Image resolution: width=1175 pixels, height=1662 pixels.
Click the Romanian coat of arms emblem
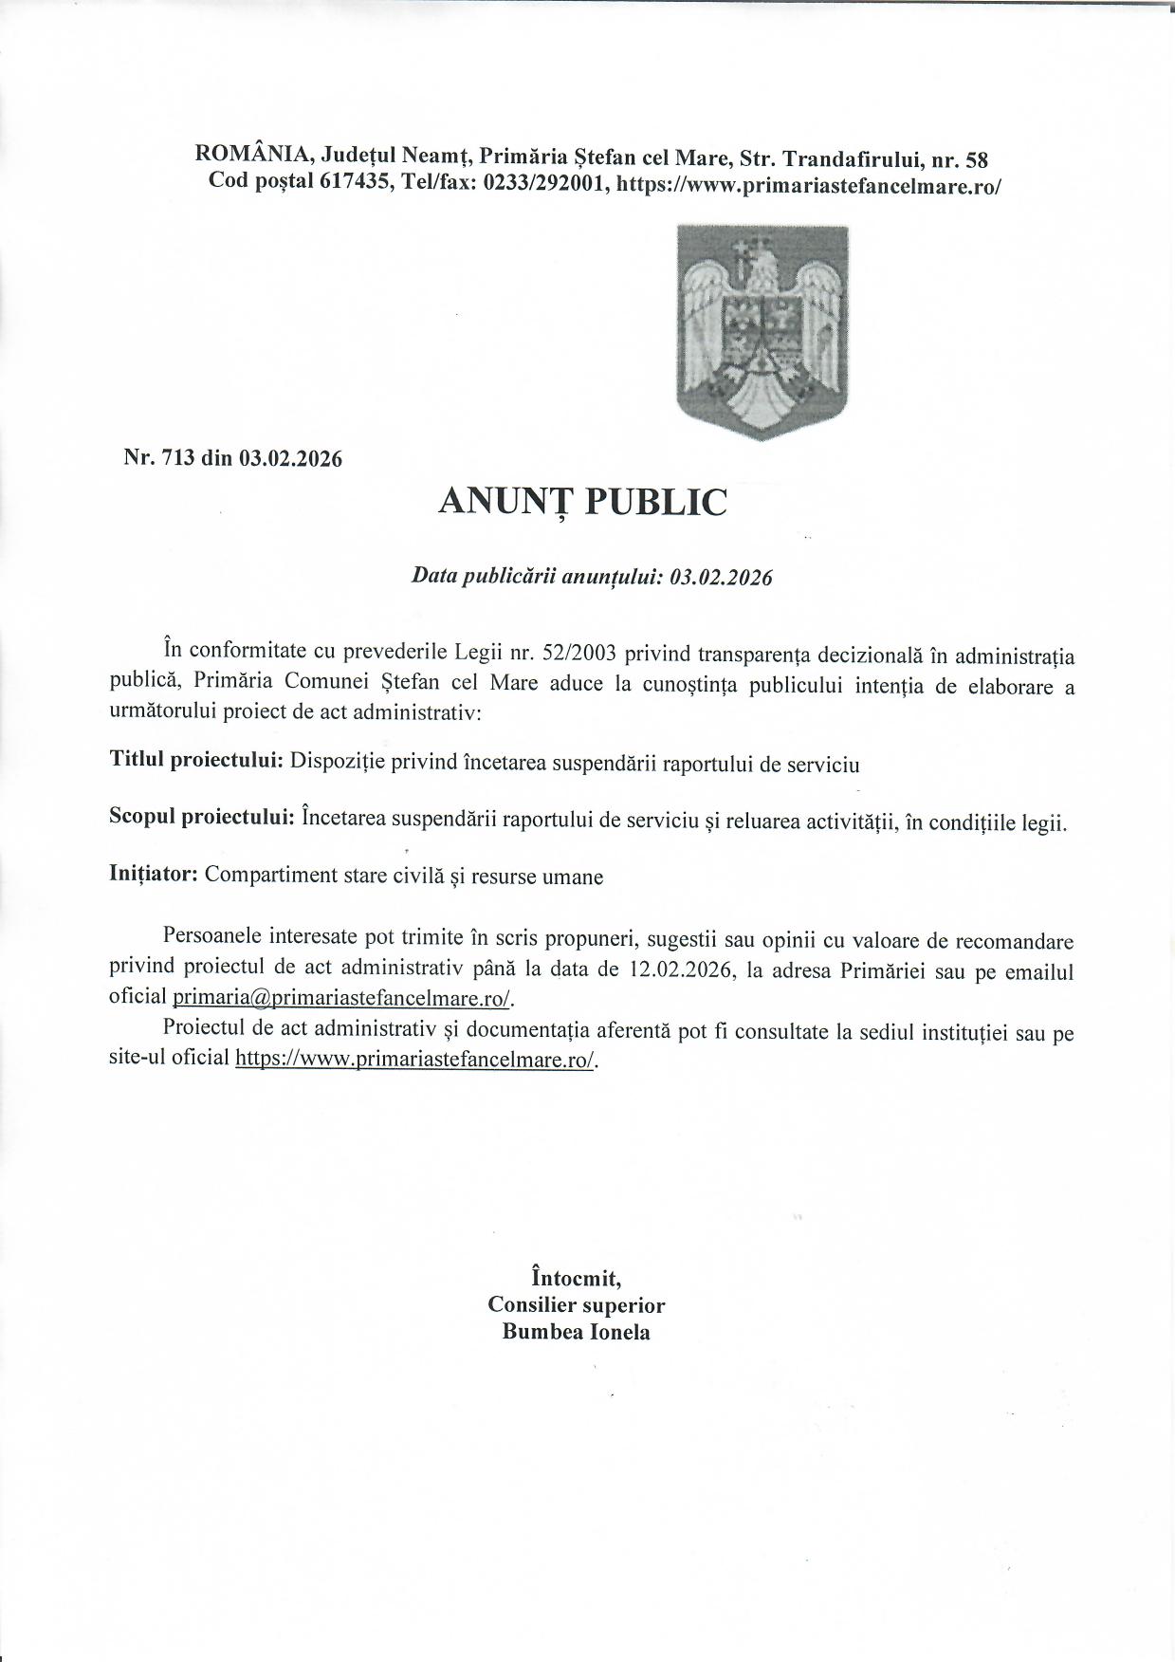(x=762, y=331)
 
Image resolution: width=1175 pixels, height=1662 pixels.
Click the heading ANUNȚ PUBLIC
(x=582, y=502)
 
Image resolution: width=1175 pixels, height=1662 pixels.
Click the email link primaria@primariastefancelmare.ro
(x=341, y=998)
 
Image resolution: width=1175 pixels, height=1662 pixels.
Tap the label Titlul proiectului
(x=196, y=761)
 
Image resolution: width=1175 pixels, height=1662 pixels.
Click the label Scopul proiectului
(x=201, y=819)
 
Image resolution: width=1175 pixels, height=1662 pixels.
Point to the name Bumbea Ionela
(x=576, y=1331)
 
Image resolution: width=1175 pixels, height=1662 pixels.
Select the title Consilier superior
(x=576, y=1304)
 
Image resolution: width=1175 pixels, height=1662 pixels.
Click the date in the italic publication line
(x=721, y=578)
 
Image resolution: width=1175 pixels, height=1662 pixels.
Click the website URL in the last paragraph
(x=415, y=1059)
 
